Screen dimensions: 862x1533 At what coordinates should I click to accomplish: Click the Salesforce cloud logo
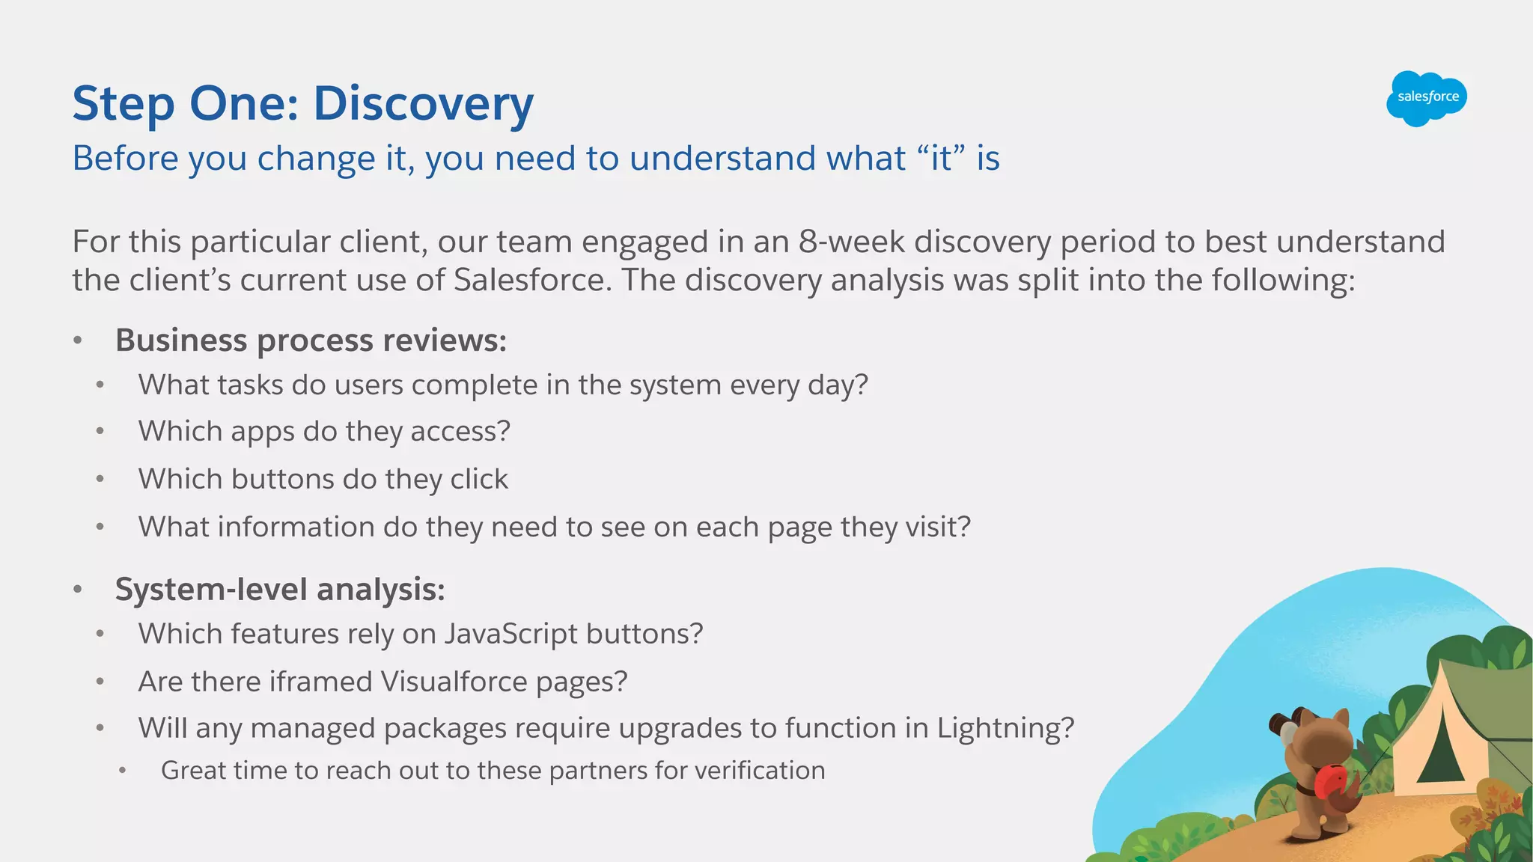pyautogui.click(x=1426, y=98)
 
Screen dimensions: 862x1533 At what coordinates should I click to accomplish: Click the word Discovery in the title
pyautogui.click(x=423, y=103)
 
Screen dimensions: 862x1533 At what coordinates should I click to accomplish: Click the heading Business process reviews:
pyautogui.click(x=311, y=340)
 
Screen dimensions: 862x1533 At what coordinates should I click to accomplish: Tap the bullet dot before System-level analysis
pyautogui.click(x=78, y=590)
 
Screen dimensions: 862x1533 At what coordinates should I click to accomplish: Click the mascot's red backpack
pyautogui.click(x=1329, y=783)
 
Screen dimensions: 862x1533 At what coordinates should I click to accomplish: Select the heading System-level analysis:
pyautogui.click(x=279, y=590)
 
